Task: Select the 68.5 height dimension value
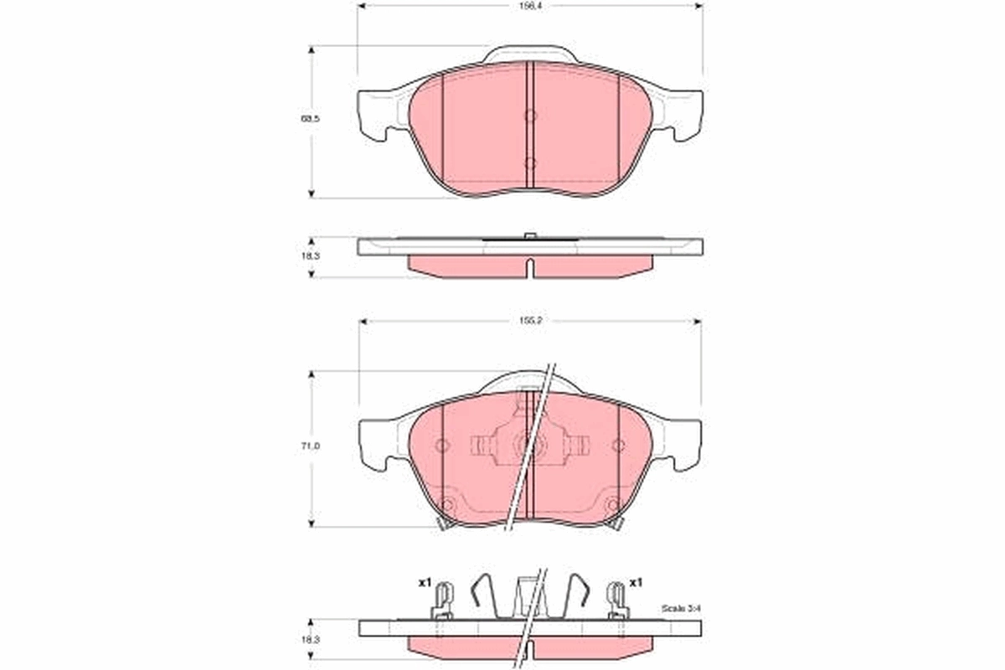312,120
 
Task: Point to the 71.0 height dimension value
312,448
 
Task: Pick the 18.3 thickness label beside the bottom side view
312,640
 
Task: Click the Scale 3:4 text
678,607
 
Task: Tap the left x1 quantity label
424,582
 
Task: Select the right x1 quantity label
636,582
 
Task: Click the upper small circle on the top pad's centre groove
529,116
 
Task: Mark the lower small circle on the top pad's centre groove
529,162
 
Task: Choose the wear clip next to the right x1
617,600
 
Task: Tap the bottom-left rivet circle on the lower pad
446,505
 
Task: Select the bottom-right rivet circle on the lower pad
612,505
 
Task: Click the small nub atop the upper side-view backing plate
529,235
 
